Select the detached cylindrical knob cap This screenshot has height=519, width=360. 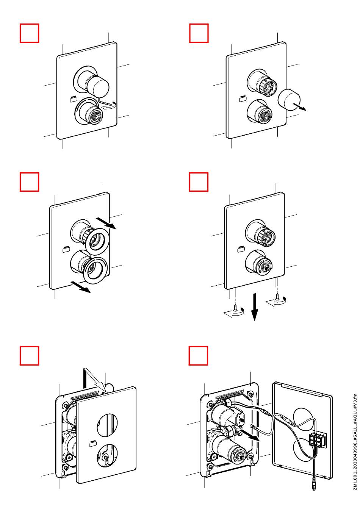289,99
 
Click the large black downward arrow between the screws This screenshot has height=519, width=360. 255,307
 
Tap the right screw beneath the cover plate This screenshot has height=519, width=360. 277,297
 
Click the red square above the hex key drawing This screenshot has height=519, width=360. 29,33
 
